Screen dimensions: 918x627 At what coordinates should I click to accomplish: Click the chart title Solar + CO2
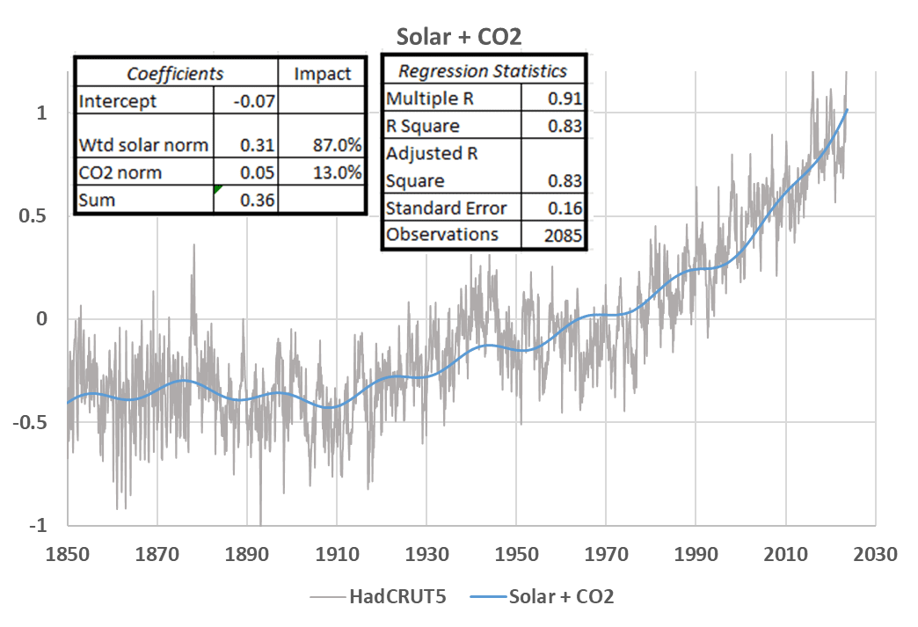pos(458,37)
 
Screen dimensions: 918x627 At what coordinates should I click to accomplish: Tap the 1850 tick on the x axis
pos(68,554)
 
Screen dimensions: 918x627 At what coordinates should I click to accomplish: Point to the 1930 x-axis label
pos(426,554)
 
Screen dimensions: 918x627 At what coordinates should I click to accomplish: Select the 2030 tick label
pos(875,554)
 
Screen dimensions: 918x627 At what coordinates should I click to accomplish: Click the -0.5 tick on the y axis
pos(30,421)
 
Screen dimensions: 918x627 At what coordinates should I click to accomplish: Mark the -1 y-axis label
pos(38,524)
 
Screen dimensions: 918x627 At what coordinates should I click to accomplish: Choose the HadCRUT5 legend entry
pos(378,596)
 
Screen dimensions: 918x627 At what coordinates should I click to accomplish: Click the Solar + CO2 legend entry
pos(543,596)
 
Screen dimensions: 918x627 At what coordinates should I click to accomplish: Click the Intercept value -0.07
pos(254,101)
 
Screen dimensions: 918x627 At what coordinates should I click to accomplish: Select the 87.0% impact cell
pos(338,144)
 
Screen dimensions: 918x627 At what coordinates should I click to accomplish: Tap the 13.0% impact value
pos(338,172)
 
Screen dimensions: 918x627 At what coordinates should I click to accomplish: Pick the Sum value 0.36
pos(258,200)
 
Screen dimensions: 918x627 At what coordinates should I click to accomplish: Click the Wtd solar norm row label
pos(143,144)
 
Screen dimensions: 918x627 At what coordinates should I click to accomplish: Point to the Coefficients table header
pos(175,74)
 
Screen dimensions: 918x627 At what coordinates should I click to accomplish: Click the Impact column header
pos(322,74)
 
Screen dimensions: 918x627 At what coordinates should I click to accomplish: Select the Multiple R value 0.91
pos(565,98)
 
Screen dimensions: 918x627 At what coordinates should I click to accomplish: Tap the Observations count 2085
pos(564,236)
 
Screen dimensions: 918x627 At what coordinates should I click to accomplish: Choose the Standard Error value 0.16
pos(565,208)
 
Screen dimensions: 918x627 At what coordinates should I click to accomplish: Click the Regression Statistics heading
pos(483,71)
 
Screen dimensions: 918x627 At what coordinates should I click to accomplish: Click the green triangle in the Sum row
pos(217,188)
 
